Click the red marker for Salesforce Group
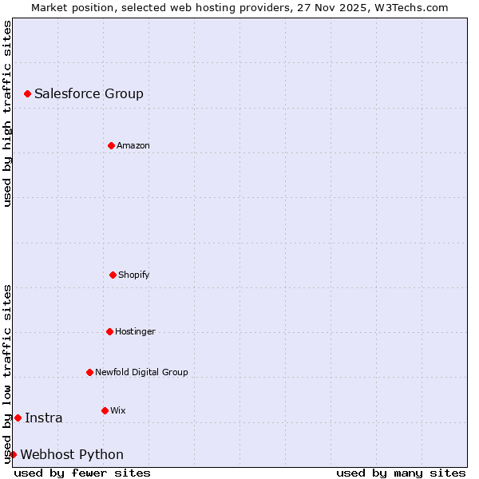[28, 94]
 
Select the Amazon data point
[112, 145]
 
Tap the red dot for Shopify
[113, 275]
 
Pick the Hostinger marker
[109, 331]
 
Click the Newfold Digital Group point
[89, 372]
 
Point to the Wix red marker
[105, 410]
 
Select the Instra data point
[18, 418]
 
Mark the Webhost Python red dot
[13, 454]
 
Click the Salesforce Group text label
[89, 94]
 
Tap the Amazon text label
[133, 145]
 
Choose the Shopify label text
[134, 275]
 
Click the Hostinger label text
[135, 331]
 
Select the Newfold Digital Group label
[141, 372]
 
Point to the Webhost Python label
[72, 454]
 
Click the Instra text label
[43, 418]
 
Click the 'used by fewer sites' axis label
[82, 473]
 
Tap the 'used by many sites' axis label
[401, 473]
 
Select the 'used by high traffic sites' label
[7, 113]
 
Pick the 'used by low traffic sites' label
[7, 374]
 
